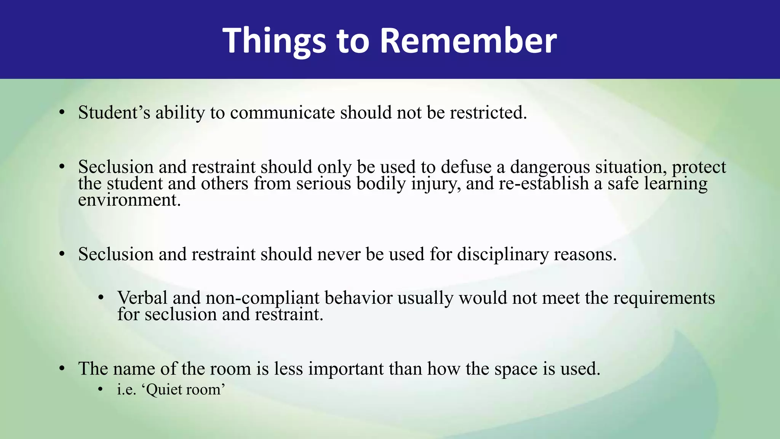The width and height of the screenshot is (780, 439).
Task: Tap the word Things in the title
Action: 274,41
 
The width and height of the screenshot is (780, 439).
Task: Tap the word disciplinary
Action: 503,255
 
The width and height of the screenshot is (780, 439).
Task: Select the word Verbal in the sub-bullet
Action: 142,298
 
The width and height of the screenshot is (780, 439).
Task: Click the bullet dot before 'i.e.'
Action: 101,389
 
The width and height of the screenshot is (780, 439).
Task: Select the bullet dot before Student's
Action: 62,112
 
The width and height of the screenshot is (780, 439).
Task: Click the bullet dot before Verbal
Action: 101,298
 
